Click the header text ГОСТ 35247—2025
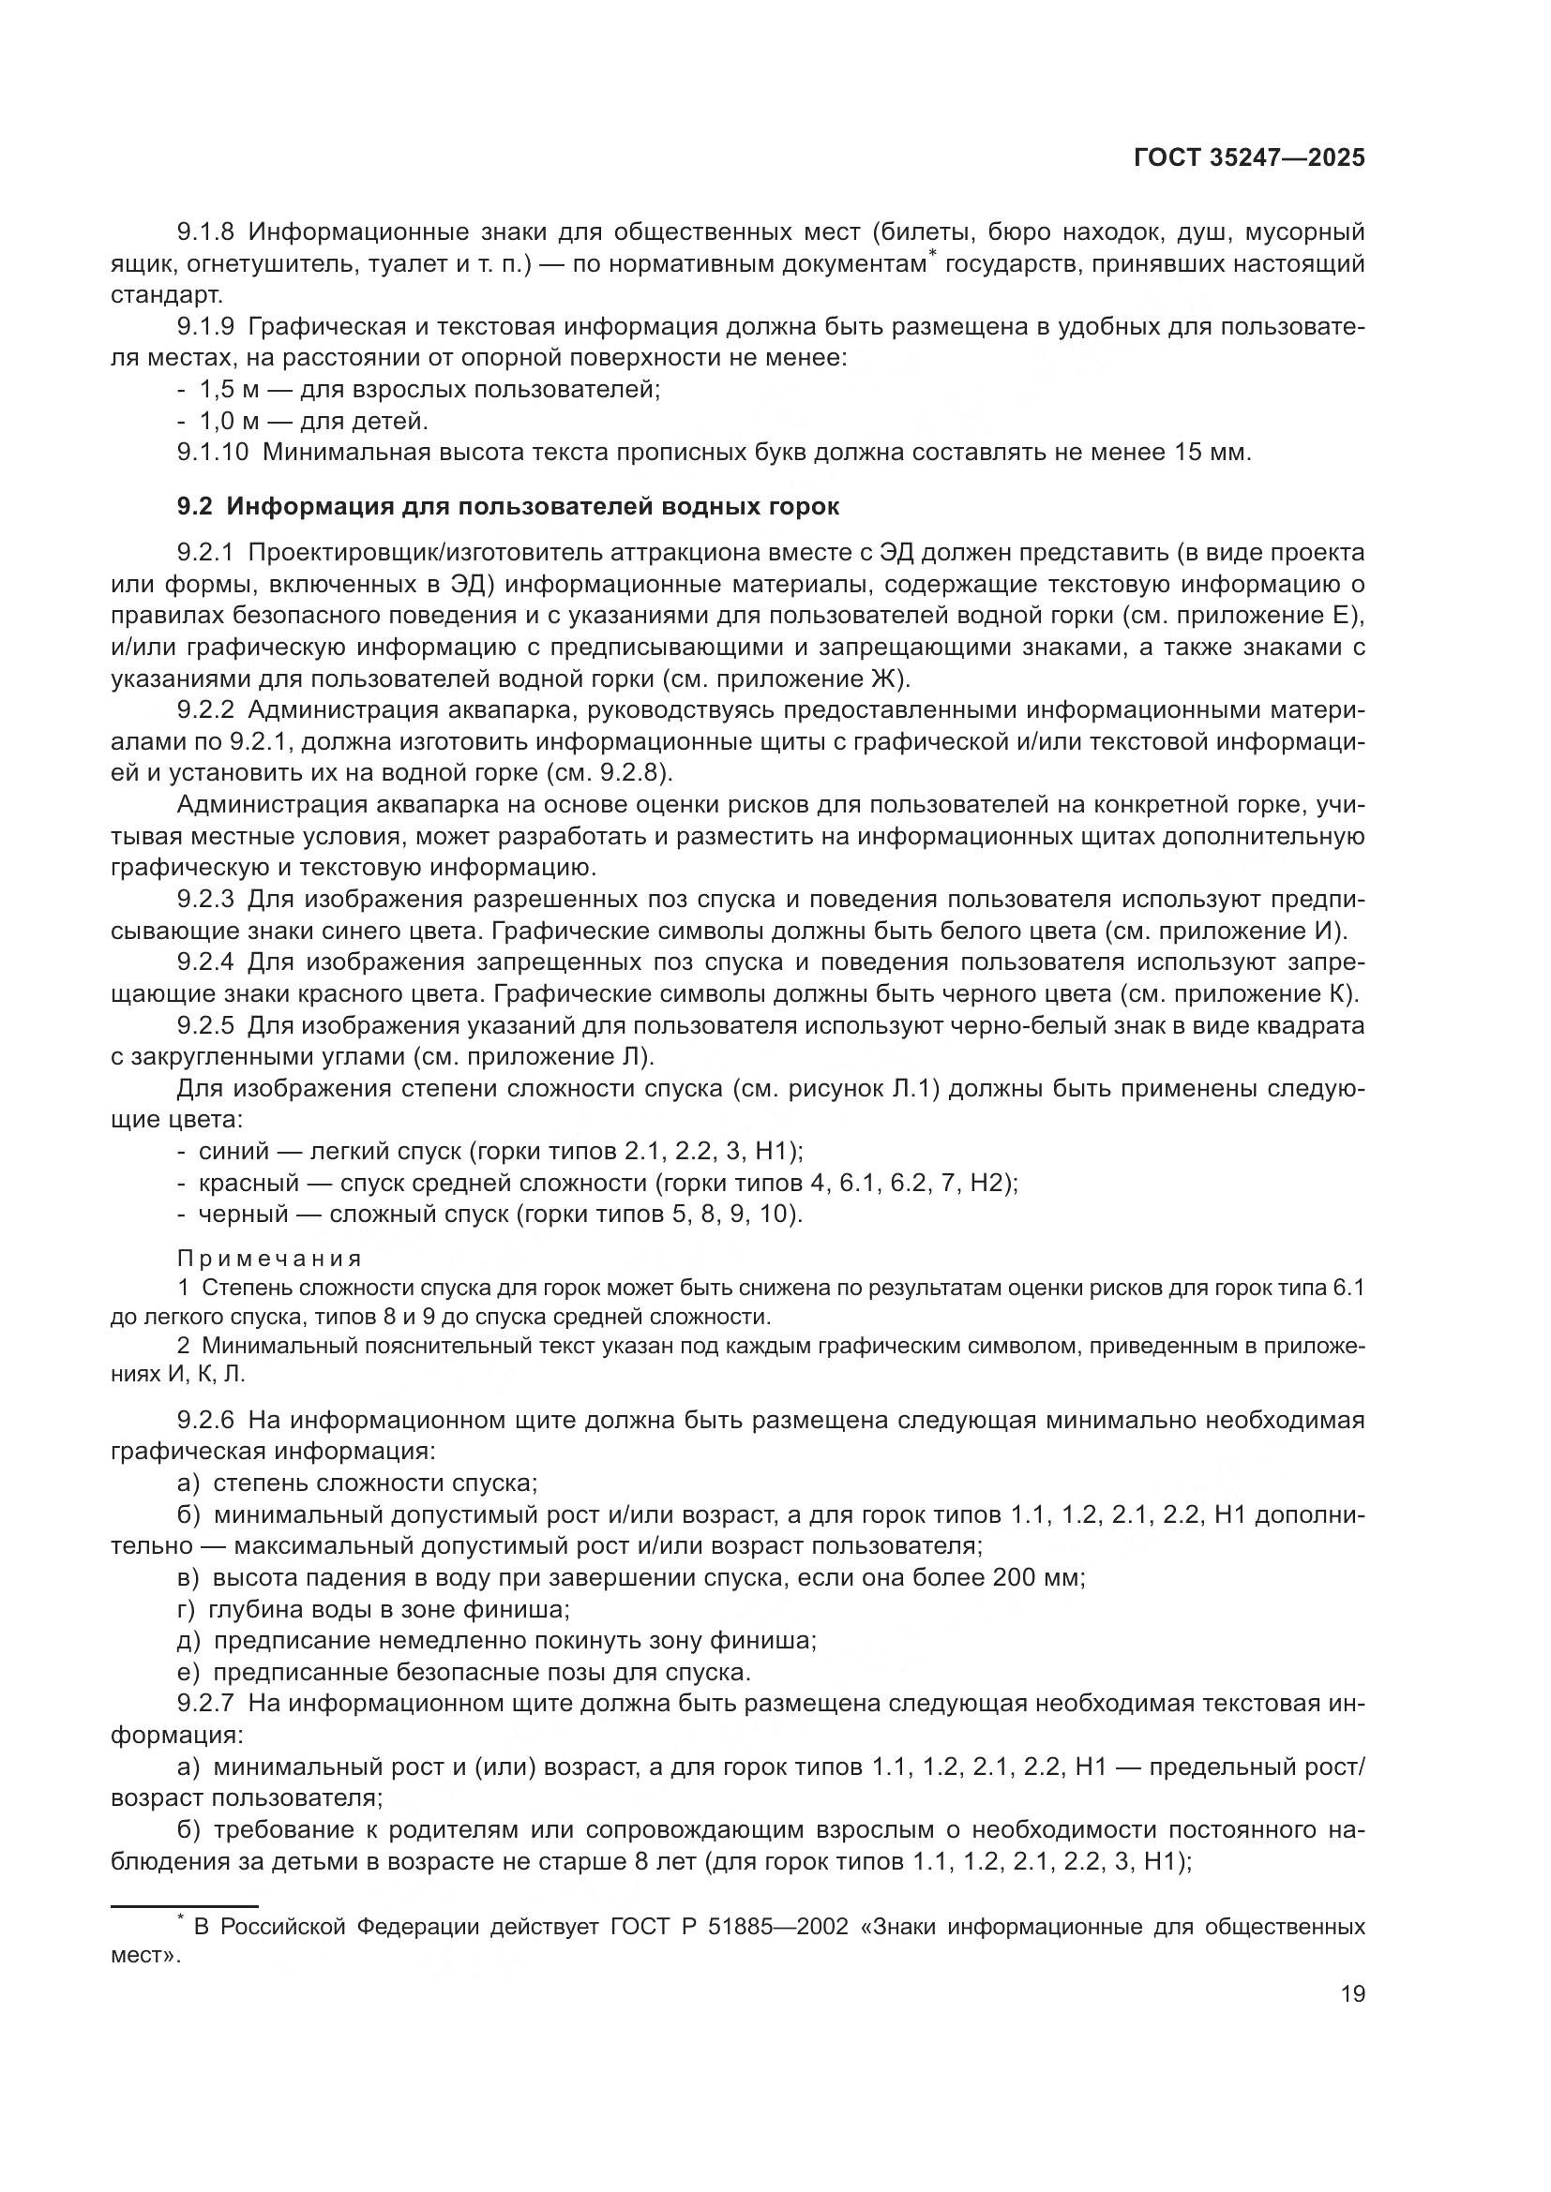1248,158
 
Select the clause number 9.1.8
206,232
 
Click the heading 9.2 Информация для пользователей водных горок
508,506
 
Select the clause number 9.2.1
206,553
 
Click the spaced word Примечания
270,1259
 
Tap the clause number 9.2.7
206,1703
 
